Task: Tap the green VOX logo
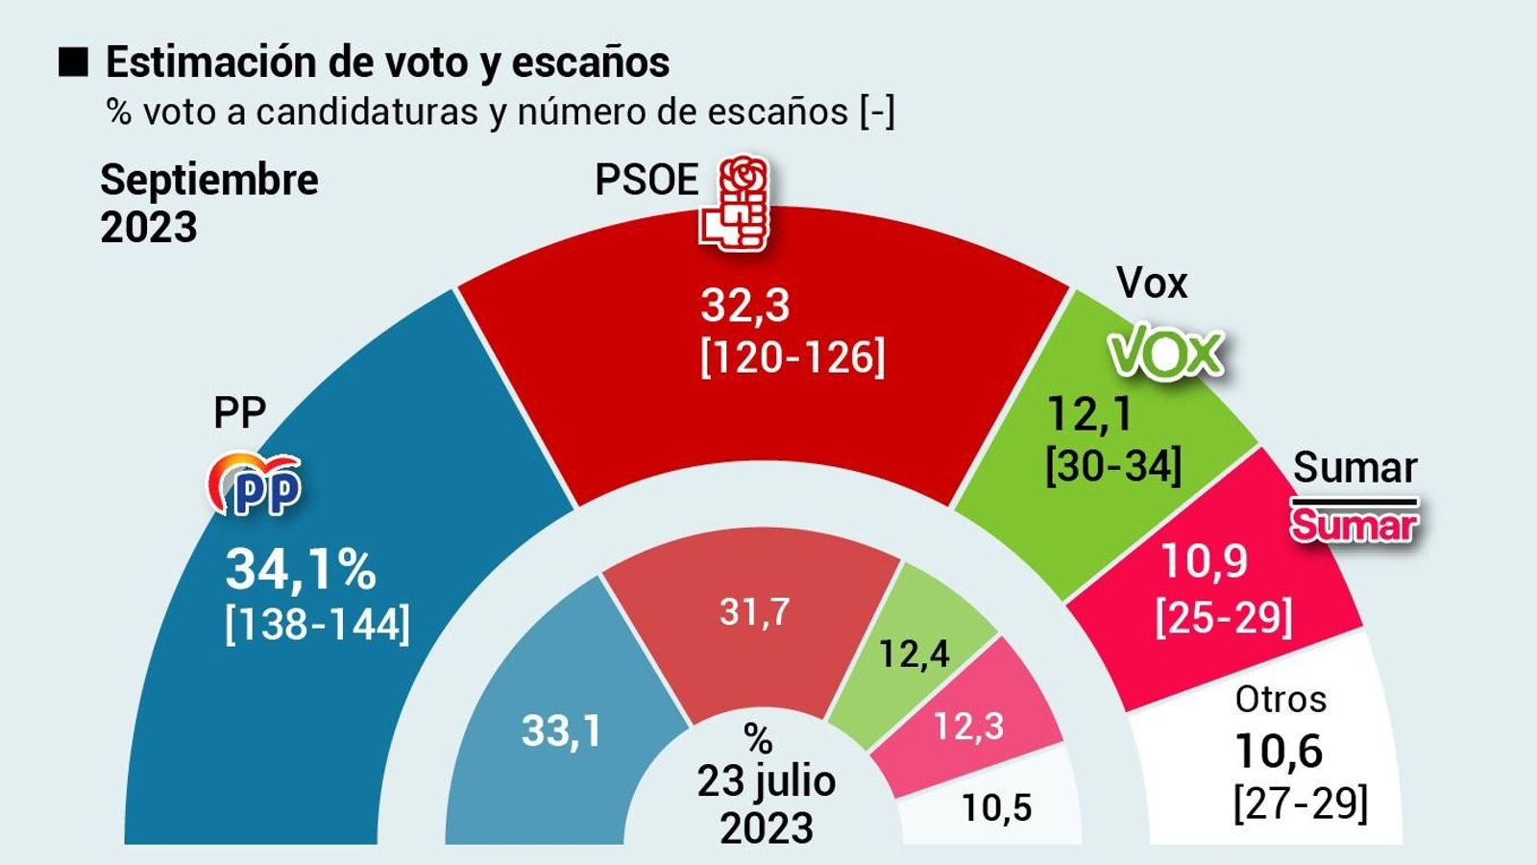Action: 1167,354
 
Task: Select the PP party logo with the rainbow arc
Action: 256,484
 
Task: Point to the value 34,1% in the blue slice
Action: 301,569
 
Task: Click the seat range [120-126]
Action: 793,358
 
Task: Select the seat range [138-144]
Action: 317,625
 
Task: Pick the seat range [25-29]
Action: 1224,617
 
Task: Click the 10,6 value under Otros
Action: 1278,751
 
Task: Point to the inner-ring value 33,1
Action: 562,731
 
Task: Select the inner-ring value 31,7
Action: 755,611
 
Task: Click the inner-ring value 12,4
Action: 914,655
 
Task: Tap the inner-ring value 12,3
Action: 968,727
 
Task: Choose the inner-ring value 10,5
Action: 996,808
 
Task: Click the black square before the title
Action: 73,62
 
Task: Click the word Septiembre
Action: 209,180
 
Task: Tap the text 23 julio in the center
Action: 767,781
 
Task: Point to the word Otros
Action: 1281,699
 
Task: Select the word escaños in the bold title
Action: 591,62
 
